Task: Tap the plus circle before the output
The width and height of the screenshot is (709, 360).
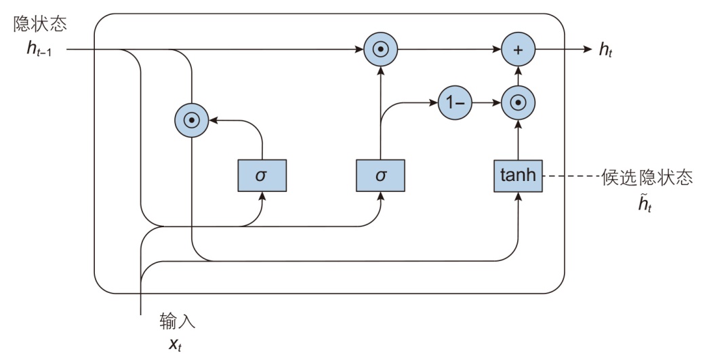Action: (519, 49)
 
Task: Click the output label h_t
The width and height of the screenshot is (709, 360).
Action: (605, 50)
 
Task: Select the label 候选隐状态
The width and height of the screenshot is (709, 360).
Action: (647, 176)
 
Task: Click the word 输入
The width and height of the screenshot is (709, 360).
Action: (178, 319)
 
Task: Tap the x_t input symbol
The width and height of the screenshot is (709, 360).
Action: (174, 343)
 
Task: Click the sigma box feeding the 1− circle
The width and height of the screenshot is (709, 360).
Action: (380, 176)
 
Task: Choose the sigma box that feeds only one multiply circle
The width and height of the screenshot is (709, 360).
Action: (262, 176)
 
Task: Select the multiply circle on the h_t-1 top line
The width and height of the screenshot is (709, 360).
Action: (380, 49)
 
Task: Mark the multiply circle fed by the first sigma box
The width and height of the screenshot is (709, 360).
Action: (193, 120)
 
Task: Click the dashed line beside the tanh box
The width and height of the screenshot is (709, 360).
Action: (571, 176)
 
